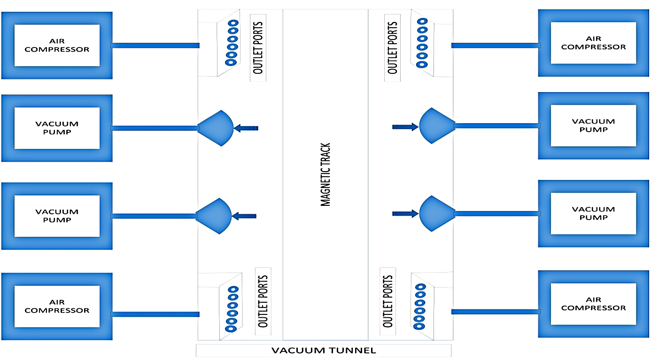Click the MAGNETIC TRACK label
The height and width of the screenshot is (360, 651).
click(325, 175)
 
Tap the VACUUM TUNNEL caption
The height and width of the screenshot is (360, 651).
click(324, 351)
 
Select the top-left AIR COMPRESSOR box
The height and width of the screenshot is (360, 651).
click(57, 45)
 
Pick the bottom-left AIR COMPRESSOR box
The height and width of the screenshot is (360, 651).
click(57, 306)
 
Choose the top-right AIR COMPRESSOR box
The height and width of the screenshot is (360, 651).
click(593, 43)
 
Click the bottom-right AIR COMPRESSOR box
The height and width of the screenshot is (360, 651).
click(593, 304)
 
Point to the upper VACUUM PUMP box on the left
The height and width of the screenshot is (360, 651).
click(57, 128)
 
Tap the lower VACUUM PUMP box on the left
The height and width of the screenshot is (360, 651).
click(57, 216)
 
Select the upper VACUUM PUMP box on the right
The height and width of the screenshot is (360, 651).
click(593, 125)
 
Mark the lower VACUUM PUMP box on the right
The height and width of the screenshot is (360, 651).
click(593, 213)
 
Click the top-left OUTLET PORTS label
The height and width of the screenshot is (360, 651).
click(258, 47)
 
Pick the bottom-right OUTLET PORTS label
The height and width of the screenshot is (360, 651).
click(387, 301)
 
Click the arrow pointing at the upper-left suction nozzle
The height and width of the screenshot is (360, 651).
click(246, 128)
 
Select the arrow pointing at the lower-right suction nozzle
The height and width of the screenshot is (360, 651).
click(405, 214)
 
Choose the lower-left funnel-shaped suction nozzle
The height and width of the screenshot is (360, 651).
click(214, 216)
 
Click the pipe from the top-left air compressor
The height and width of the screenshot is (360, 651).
click(155, 46)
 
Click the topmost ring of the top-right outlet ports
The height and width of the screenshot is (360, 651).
click(422, 21)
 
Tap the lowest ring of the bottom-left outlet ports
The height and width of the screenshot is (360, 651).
click(231, 323)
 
